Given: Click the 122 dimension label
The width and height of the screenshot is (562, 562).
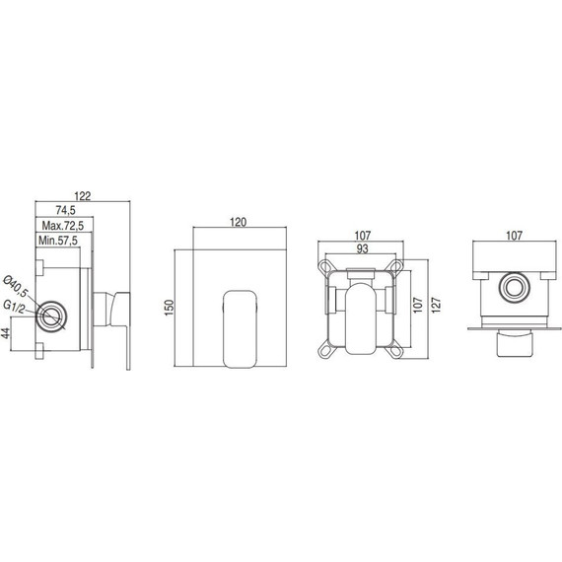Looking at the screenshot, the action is pos(83,196).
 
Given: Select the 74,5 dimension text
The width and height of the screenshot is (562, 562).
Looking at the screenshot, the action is pos(66,210).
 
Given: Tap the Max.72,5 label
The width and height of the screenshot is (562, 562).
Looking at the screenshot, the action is pos(63,226).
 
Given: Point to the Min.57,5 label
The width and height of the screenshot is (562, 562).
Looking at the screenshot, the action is pos(58,241).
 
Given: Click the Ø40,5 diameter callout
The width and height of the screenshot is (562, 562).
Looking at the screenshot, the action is pos(16,286).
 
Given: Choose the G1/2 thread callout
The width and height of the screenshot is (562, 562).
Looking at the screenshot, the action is pos(14,307).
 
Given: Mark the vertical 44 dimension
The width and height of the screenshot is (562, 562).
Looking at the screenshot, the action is pos(6,333).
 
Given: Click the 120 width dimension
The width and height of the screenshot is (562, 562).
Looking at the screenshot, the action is pos(239,222).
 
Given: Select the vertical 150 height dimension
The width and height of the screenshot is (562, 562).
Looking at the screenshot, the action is pos(169,308).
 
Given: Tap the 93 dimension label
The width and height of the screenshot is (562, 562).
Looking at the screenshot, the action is pos(363,248).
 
